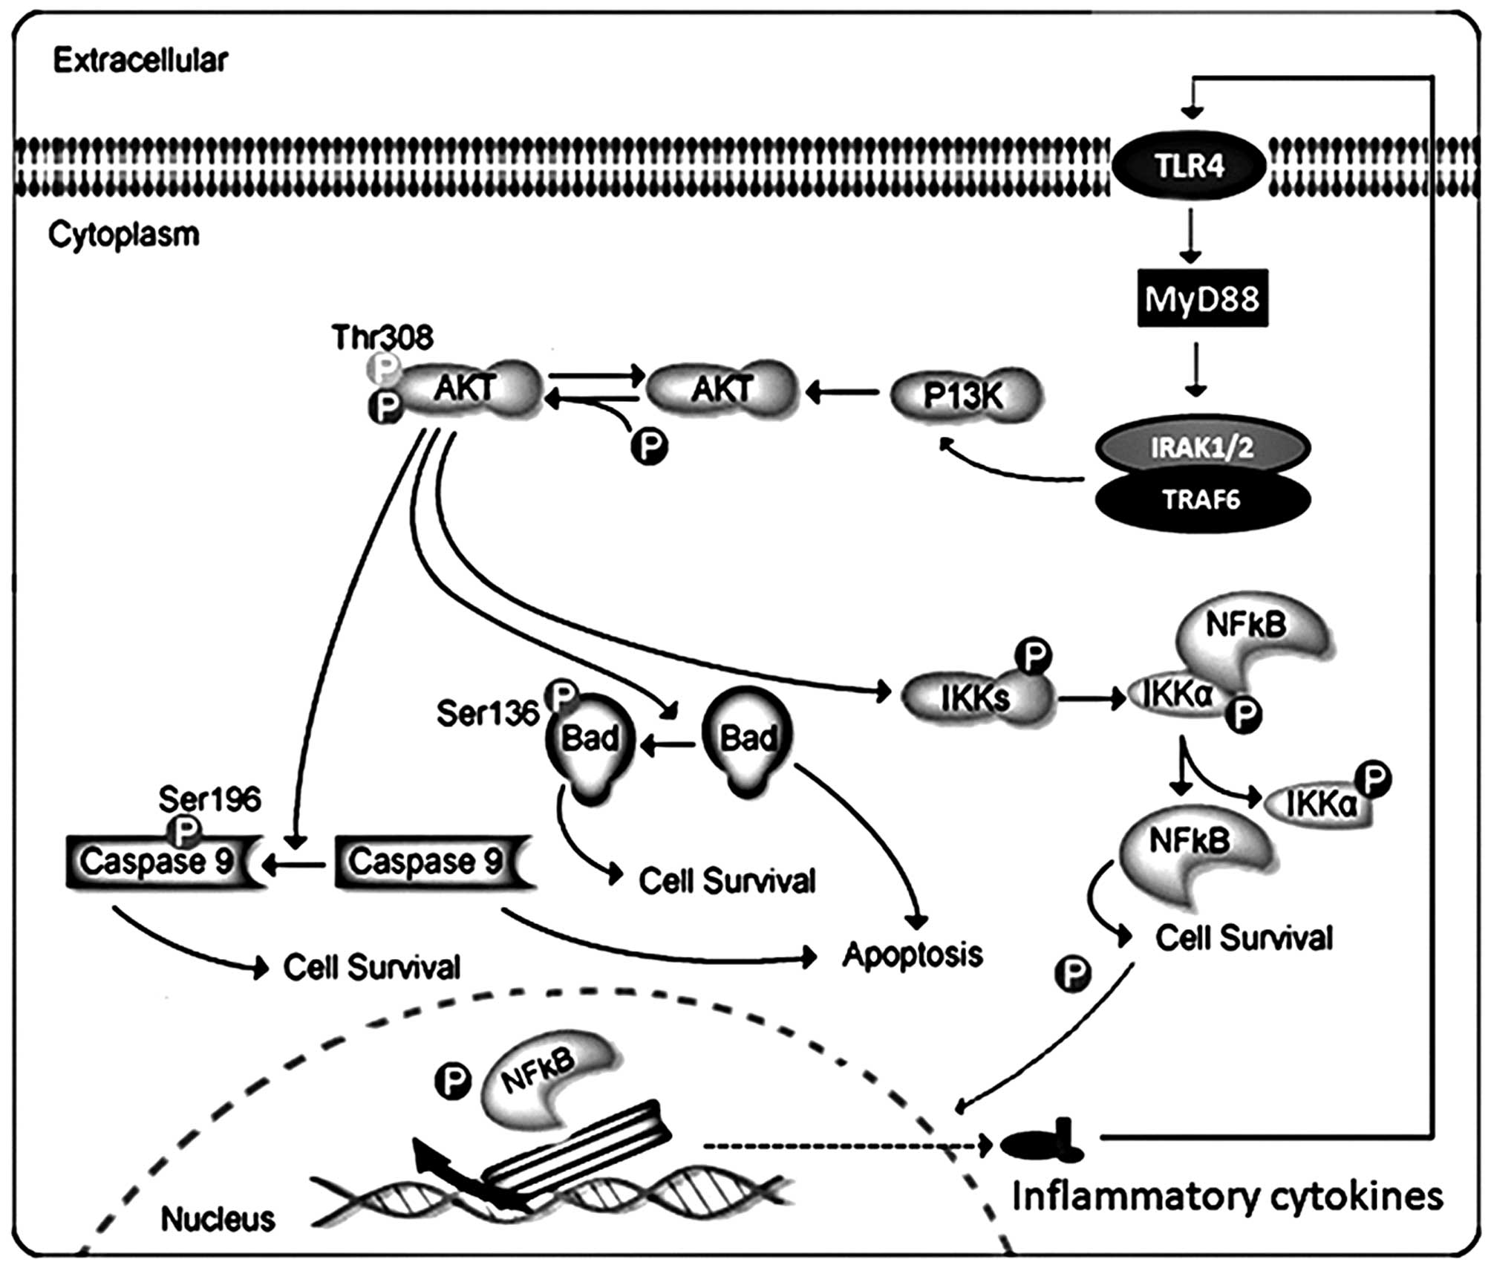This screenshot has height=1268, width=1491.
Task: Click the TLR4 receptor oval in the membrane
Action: click(1188, 166)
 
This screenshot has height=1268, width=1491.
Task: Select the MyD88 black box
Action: click(1202, 299)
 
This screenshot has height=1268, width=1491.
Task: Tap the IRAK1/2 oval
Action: click(1202, 447)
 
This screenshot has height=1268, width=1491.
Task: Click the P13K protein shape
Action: click(965, 395)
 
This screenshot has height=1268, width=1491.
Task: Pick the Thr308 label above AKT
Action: click(382, 338)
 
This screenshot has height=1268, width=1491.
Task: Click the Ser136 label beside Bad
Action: click(487, 714)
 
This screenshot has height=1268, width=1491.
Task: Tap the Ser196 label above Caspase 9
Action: click(209, 800)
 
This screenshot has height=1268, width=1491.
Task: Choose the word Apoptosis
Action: click(913, 955)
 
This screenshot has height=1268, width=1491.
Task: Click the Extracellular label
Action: click(140, 61)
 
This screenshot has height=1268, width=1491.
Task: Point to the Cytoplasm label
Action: click(124, 235)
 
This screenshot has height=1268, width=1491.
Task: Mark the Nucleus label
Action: click(218, 1219)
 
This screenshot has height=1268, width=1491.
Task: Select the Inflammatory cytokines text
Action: click(1227, 1197)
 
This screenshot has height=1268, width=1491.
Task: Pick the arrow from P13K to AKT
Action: click(843, 391)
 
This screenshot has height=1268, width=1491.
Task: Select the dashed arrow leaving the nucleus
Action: click(846, 1146)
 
